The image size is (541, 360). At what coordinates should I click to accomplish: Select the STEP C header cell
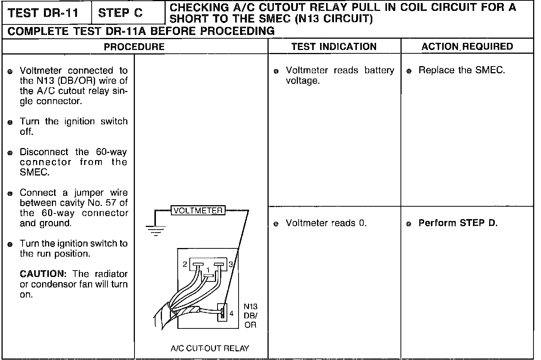[x=120, y=13]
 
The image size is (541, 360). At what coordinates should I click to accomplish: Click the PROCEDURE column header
[x=134, y=47]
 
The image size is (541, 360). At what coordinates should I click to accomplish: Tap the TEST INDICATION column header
[x=334, y=46]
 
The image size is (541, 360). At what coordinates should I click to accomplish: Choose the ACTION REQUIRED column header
[x=467, y=46]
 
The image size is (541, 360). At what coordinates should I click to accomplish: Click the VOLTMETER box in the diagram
[x=198, y=210]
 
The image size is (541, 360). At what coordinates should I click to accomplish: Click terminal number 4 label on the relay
[x=231, y=313]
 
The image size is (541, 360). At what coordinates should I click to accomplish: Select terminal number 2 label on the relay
[x=185, y=264]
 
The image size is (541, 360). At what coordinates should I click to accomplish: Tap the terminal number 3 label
[x=231, y=264]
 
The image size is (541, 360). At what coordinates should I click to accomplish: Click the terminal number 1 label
[x=208, y=270]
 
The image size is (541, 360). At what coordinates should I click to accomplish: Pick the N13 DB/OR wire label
[x=251, y=316]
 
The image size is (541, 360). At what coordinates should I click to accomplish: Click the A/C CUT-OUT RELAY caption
[x=210, y=348]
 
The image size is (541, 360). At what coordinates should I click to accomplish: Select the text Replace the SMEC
[x=461, y=70]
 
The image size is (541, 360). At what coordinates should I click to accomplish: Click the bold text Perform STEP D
[x=458, y=223]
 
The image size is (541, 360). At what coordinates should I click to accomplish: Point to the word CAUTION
[x=43, y=274]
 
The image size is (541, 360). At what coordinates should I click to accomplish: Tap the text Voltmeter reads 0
[x=326, y=223]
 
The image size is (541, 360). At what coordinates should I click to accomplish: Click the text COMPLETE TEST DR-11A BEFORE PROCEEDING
[x=141, y=31]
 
